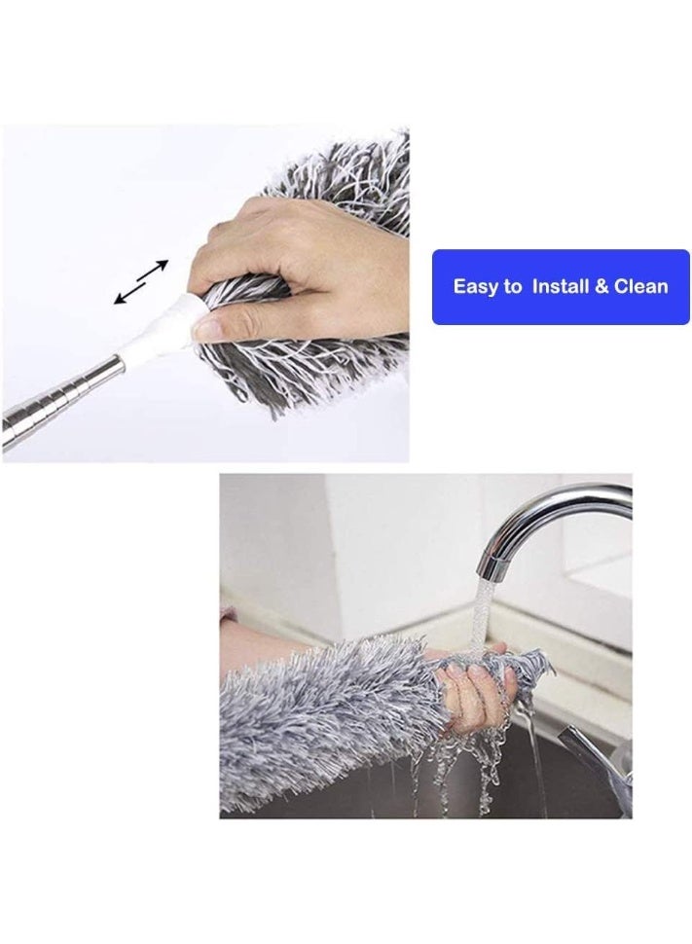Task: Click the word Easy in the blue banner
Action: [473, 286]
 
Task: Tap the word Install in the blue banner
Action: [560, 286]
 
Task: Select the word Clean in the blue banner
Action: [640, 286]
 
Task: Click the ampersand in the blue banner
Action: [601, 286]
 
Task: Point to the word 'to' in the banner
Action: [513, 287]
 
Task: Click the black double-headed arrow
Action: [141, 281]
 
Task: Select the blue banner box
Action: [561, 287]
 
